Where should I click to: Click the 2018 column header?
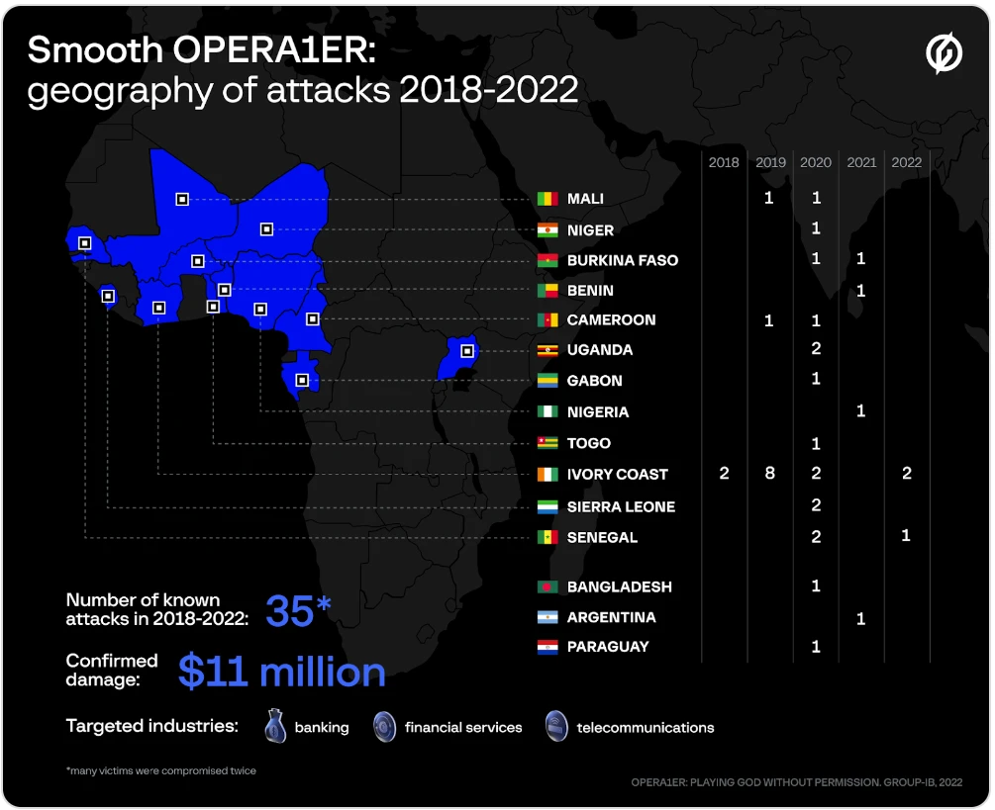click(724, 162)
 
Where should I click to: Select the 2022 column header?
click(906, 162)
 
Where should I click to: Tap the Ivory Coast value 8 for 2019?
click(769, 474)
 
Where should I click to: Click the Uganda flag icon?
click(547, 350)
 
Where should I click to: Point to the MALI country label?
click(585, 199)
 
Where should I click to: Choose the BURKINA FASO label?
click(623, 260)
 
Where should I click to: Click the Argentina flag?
click(547, 617)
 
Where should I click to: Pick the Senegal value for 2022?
click(906, 535)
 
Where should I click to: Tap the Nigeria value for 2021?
click(860, 410)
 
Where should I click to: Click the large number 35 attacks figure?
click(290, 611)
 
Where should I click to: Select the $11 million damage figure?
click(282, 672)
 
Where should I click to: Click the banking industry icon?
click(274, 727)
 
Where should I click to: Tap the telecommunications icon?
click(556, 727)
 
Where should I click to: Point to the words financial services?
click(463, 728)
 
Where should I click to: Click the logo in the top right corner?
click(943, 55)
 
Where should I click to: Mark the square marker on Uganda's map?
click(467, 351)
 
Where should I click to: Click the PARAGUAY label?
click(608, 647)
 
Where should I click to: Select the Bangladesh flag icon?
click(547, 586)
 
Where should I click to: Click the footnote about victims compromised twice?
click(160, 770)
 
